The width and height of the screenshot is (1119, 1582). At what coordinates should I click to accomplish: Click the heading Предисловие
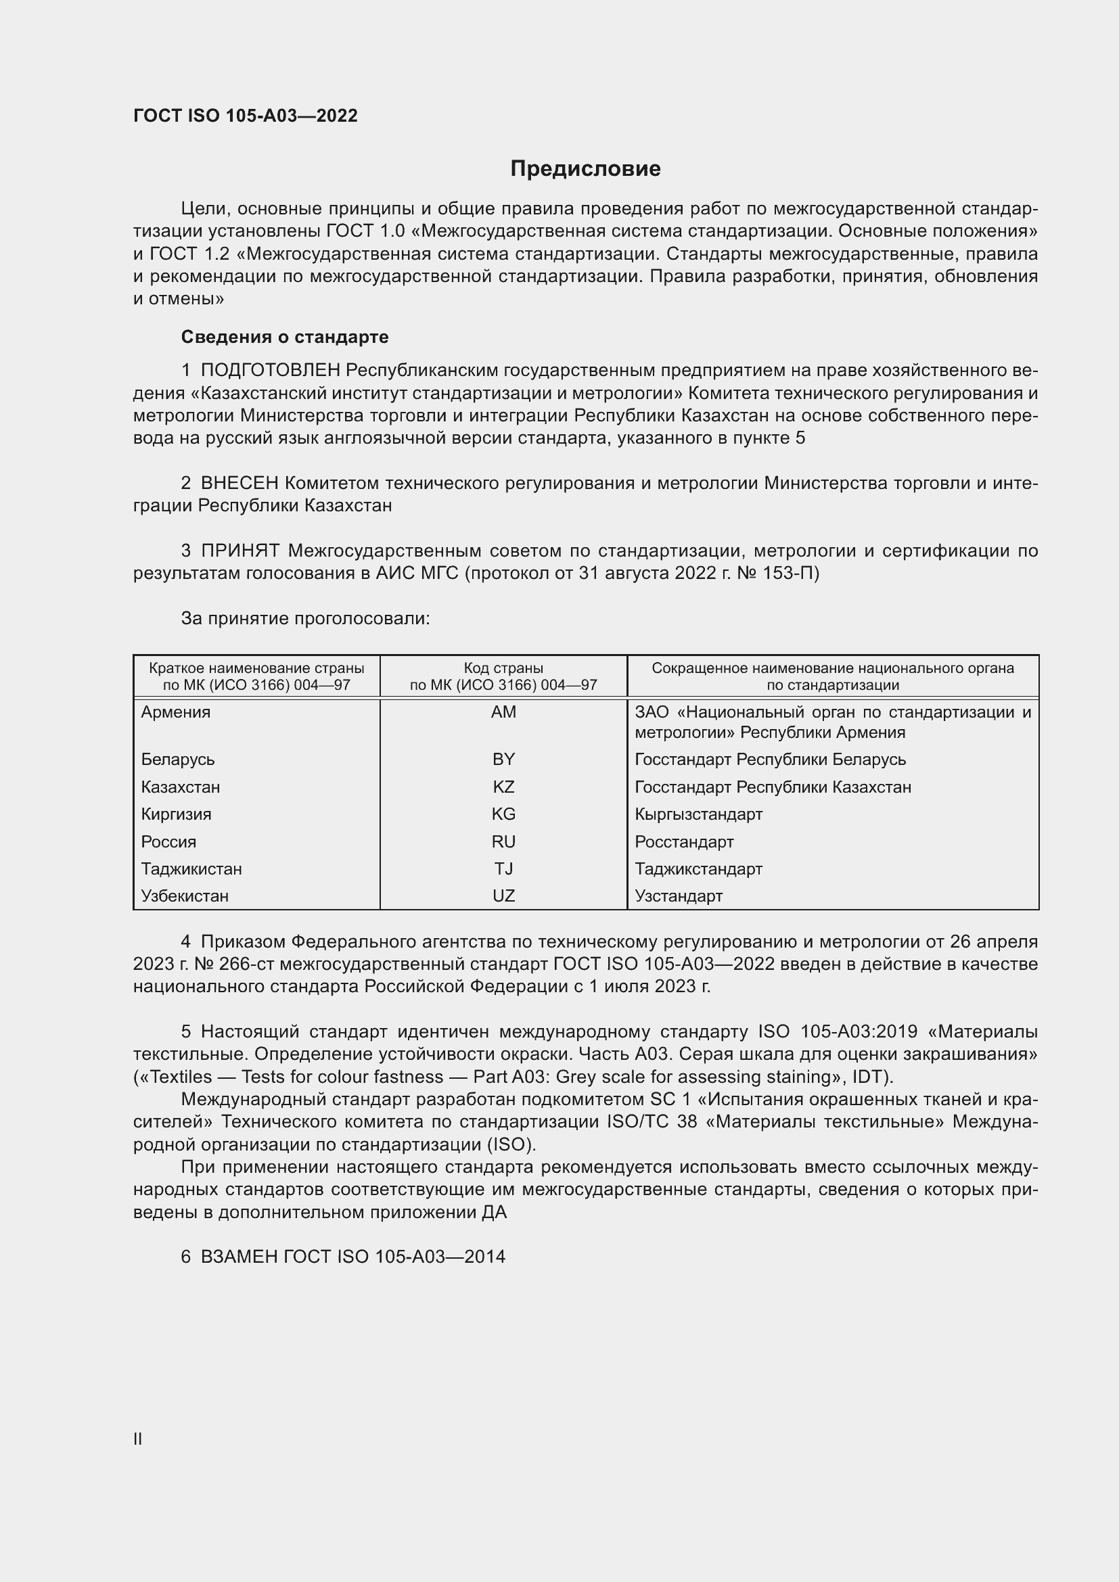point(585,169)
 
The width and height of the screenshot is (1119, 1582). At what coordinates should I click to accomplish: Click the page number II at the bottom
point(138,1439)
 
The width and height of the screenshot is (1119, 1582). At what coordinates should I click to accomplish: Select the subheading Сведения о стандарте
point(285,337)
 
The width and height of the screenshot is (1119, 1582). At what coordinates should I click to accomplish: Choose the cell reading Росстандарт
point(683,842)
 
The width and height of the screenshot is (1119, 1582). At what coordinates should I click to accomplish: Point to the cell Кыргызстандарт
point(698,814)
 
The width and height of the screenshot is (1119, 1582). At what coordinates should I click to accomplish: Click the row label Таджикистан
point(191,869)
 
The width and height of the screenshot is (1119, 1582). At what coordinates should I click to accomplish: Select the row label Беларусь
point(178,760)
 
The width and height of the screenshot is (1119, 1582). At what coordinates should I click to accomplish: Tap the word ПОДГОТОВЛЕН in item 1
point(270,371)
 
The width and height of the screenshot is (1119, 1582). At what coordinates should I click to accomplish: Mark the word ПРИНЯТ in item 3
point(239,551)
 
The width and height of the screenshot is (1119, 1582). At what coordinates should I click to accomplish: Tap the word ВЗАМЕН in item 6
point(239,1257)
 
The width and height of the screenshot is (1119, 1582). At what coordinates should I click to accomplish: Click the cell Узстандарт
point(678,895)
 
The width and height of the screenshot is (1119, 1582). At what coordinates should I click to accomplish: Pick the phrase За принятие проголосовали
point(305,619)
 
